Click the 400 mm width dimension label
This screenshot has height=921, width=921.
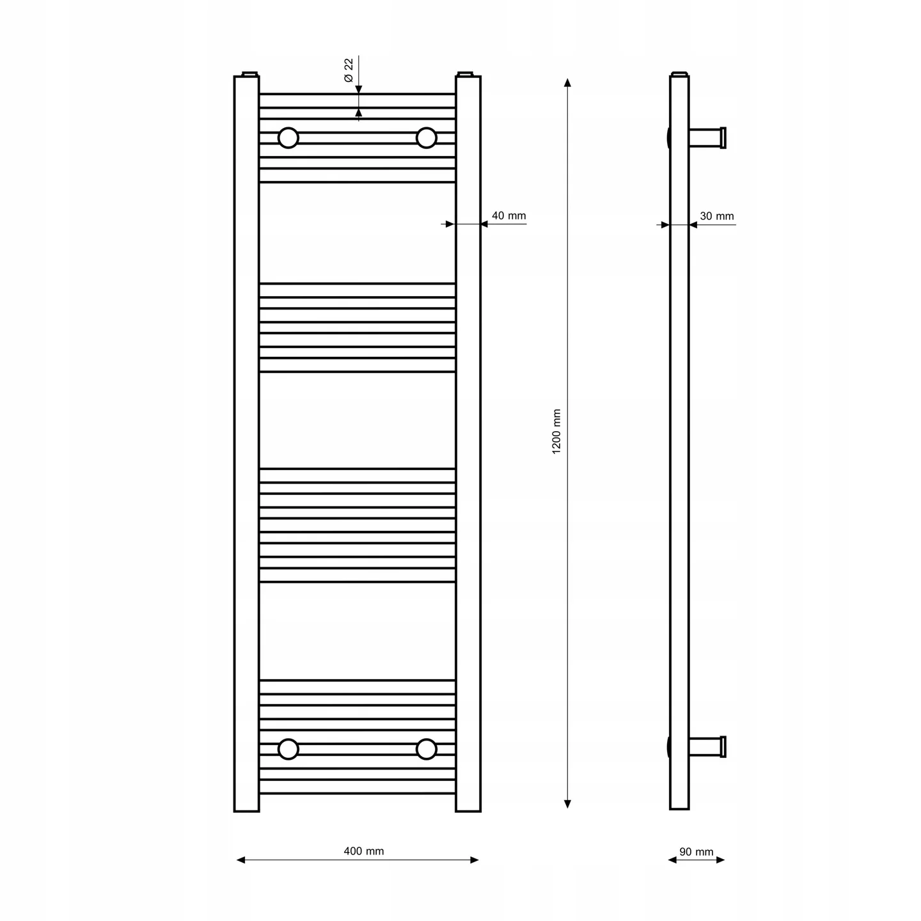(x=364, y=851)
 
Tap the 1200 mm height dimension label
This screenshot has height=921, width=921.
(x=556, y=432)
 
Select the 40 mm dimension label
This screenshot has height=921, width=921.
(x=508, y=216)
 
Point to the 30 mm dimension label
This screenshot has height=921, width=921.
(x=717, y=216)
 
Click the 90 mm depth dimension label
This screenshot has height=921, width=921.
(x=697, y=852)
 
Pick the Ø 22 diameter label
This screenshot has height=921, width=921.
(x=349, y=70)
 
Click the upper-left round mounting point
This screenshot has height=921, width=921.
(x=288, y=138)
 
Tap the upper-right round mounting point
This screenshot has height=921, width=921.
(x=427, y=138)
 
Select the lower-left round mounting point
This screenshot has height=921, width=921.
(x=288, y=750)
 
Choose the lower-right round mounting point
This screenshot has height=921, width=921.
(x=427, y=750)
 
